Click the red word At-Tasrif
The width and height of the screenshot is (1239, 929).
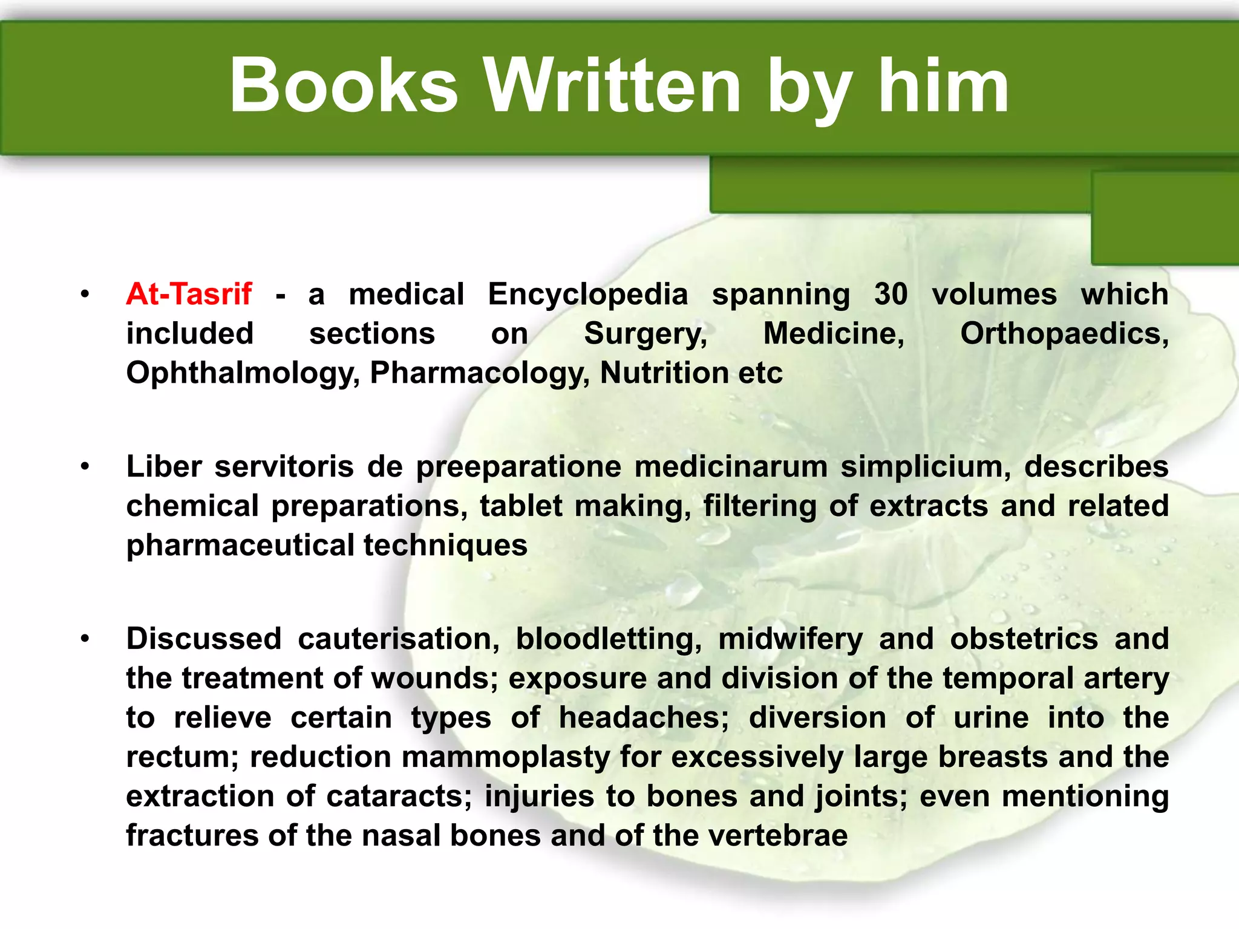(x=189, y=295)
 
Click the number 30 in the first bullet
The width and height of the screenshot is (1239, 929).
(x=891, y=295)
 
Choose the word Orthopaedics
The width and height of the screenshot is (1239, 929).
(x=1064, y=334)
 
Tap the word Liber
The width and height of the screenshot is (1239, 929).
(x=163, y=467)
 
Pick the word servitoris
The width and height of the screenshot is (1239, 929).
(x=284, y=467)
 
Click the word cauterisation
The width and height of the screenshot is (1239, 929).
(x=399, y=639)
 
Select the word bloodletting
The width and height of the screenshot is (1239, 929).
(x=608, y=640)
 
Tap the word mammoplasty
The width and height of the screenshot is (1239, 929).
(x=506, y=758)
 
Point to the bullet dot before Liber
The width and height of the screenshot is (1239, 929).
(x=85, y=466)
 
